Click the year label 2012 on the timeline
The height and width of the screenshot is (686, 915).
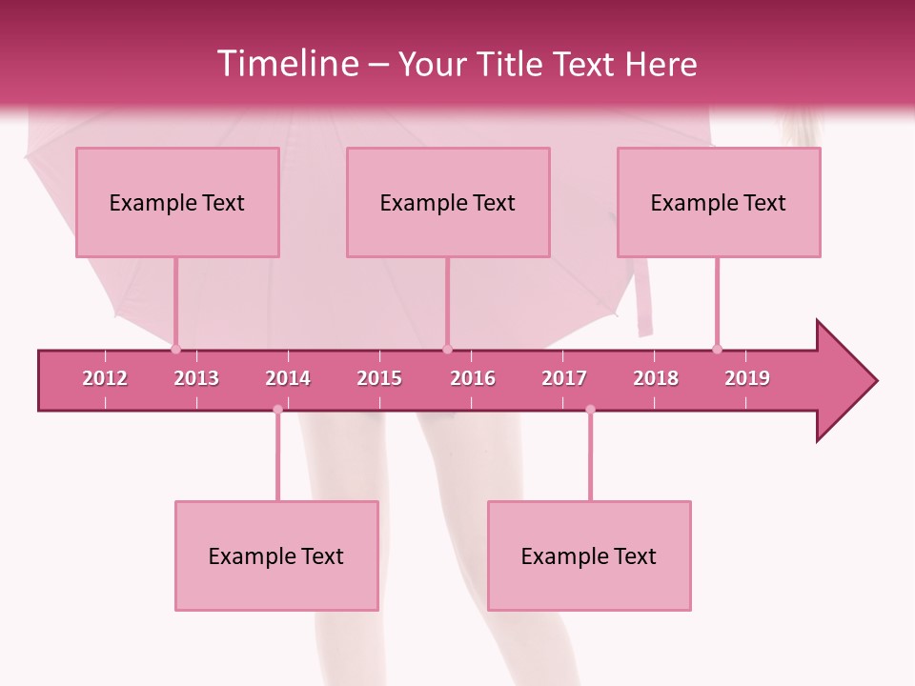[105, 378]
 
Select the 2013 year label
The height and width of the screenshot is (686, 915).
[196, 378]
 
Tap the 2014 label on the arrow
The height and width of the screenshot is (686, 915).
[288, 378]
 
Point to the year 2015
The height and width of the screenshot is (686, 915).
[379, 378]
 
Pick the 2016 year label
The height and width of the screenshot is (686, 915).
[473, 378]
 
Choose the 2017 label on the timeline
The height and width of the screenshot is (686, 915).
[564, 378]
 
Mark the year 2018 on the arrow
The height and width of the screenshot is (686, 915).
[656, 378]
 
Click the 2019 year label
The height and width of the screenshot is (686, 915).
[747, 378]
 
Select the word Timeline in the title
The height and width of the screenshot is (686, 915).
[287, 64]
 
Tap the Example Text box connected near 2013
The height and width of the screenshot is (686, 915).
[177, 202]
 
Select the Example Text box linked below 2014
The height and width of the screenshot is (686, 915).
[276, 555]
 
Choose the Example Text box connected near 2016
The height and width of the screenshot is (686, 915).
[448, 202]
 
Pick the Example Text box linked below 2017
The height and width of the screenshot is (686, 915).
[589, 555]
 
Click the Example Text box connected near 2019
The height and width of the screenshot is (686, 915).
[719, 202]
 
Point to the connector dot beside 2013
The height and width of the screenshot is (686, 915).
[175, 349]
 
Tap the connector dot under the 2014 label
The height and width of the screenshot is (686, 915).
[277, 410]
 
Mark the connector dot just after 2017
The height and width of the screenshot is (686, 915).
[590, 410]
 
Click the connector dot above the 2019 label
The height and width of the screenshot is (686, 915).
[717, 349]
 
